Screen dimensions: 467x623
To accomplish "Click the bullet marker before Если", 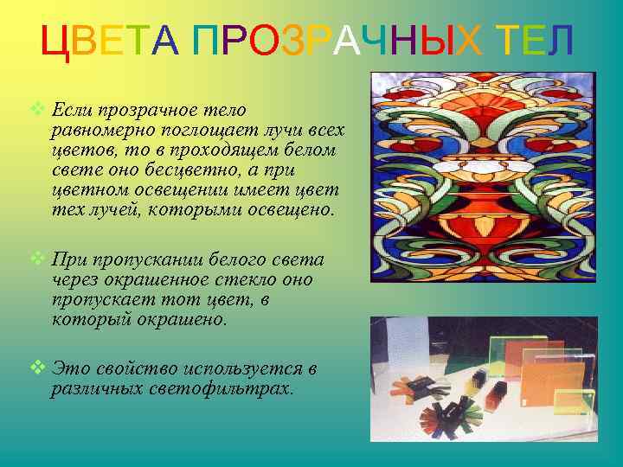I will pos(36,110).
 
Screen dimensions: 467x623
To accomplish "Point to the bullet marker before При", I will pos(36,259).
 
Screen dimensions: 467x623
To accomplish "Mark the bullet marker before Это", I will pos(36,368).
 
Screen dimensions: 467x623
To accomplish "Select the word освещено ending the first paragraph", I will pos(289,210).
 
